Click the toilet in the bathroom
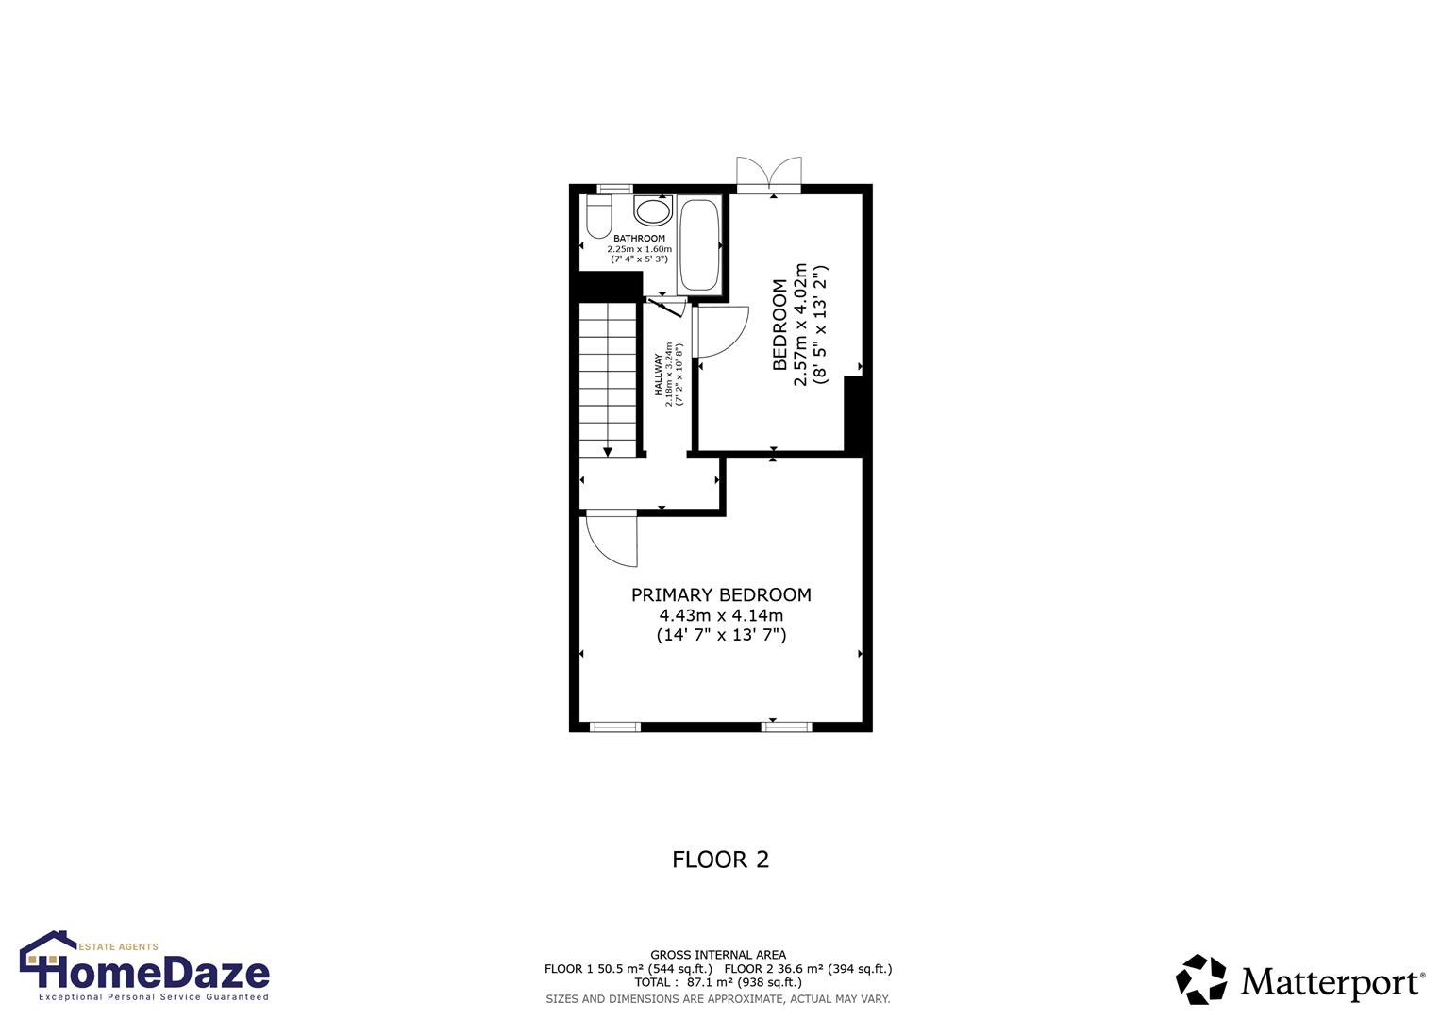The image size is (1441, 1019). (x=597, y=217)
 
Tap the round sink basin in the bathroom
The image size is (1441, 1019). (x=651, y=209)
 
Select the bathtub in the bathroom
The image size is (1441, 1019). (x=699, y=244)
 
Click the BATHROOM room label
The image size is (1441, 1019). (x=639, y=239)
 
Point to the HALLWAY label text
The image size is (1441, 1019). (x=659, y=375)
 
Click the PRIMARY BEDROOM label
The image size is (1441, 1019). (x=721, y=595)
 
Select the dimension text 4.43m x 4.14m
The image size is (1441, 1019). (x=721, y=615)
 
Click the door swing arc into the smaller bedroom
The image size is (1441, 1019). (x=721, y=333)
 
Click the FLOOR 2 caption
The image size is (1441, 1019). (x=720, y=860)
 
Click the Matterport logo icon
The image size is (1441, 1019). (x=1200, y=978)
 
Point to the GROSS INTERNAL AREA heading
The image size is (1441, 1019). (x=717, y=955)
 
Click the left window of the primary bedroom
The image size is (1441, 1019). (x=614, y=727)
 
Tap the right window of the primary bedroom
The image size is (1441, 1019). (x=787, y=727)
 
